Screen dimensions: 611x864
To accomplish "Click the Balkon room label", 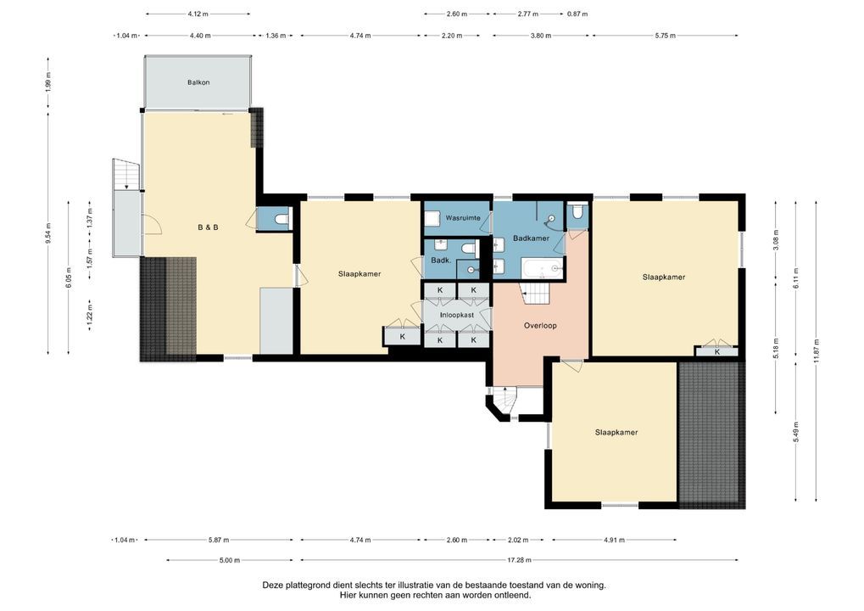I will pyautogui.click(x=198, y=82).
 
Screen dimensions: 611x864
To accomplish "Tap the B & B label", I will pyautogui.click(x=209, y=227).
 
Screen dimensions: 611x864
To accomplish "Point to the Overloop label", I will pyautogui.click(x=539, y=325).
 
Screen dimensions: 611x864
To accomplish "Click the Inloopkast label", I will pyautogui.click(x=456, y=315).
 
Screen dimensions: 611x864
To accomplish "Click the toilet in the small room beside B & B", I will pyautogui.click(x=280, y=220).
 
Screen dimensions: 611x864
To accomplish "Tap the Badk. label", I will pyautogui.click(x=440, y=261).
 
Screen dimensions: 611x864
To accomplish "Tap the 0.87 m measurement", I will pyautogui.click(x=577, y=14).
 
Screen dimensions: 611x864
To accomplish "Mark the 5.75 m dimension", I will pyautogui.click(x=665, y=36).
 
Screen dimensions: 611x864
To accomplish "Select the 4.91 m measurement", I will pyautogui.click(x=615, y=540).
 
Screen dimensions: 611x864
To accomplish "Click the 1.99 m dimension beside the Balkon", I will pyautogui.click(x=48, y=82).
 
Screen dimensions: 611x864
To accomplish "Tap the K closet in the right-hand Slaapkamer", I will pyautogui.click(x=717, y=351).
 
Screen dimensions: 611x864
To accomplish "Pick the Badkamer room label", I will pyautogui.click(x=531, y=238).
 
